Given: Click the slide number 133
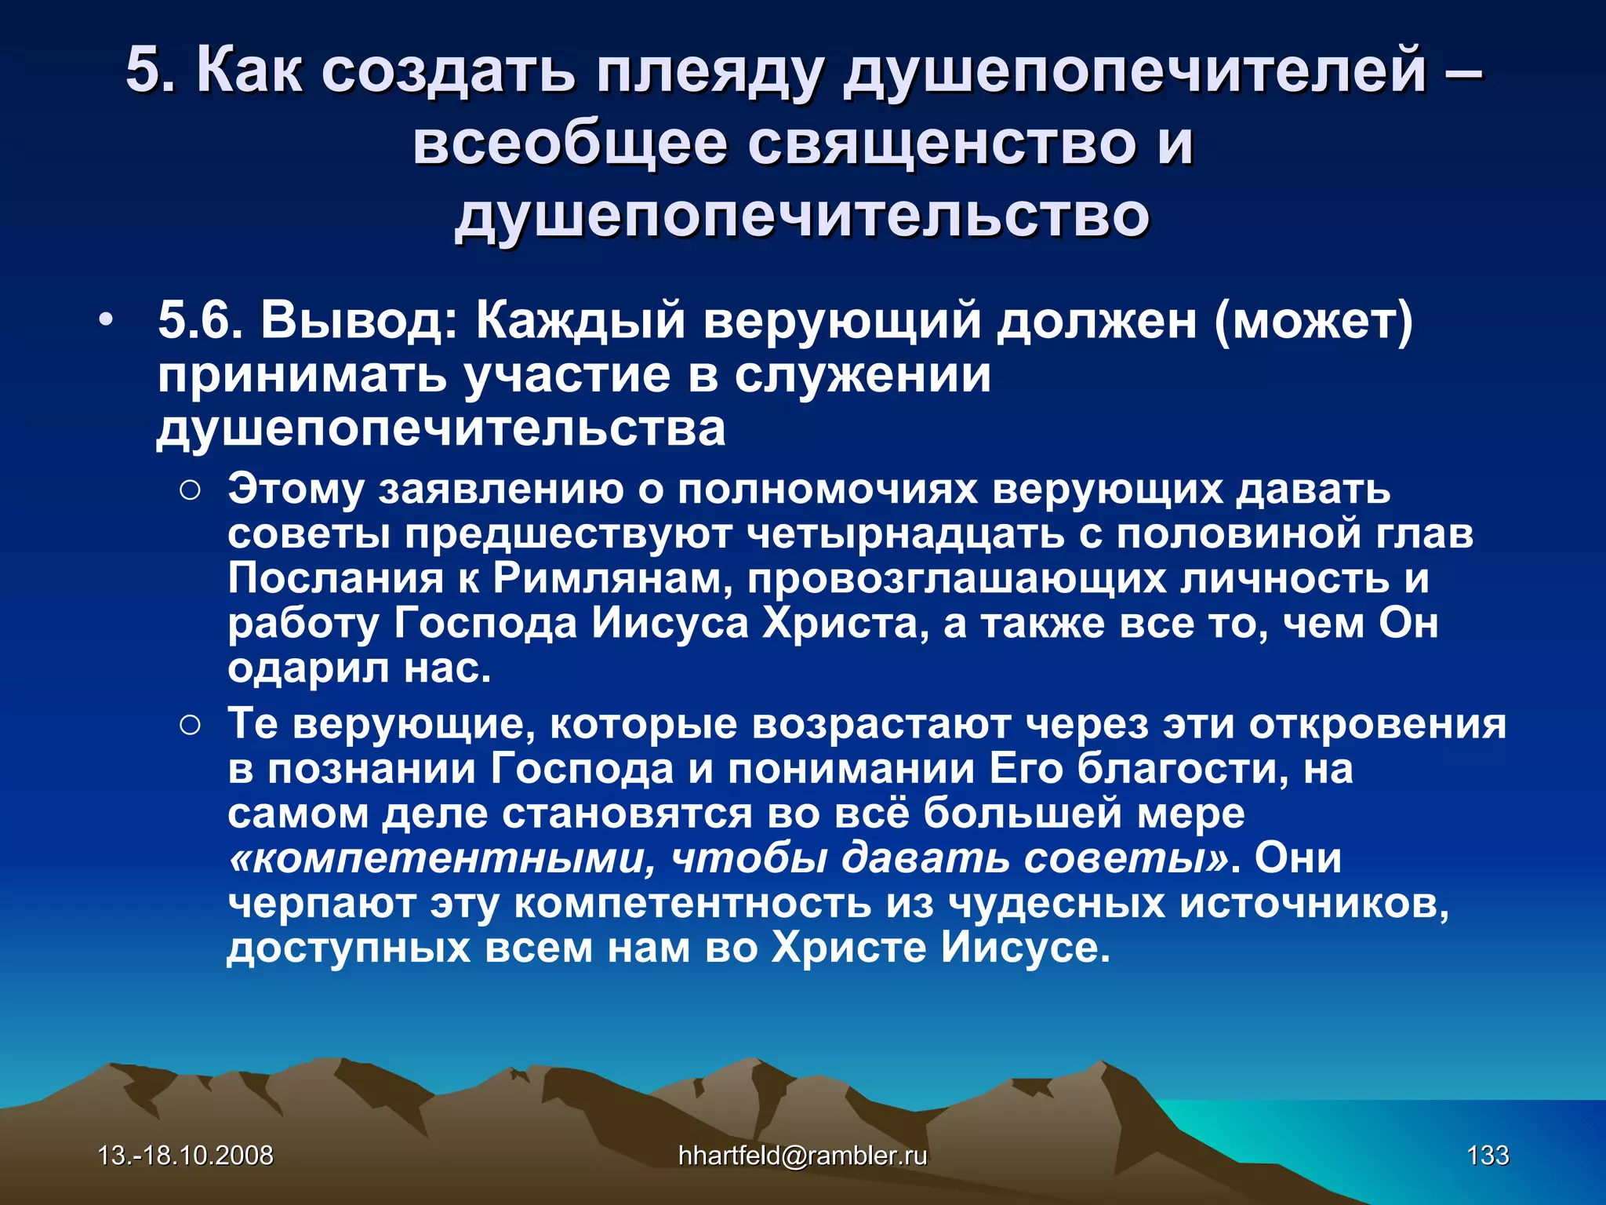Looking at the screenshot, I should [x=1488, y=1156].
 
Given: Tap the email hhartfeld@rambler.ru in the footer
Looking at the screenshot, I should [x=802, y=1156].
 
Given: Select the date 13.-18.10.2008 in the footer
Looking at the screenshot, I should [x=185, y=1156].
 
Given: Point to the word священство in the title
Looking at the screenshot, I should [x=941, y=144].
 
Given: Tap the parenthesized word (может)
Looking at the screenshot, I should [x=1314, y=321].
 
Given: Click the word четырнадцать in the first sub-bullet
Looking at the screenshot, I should [x=905, y=534].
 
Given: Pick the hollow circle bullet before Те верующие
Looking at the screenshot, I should [x=191, y=726].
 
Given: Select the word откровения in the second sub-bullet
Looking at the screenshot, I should [x=1377, y=723].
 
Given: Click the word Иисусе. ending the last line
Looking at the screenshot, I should [x=1026, y=948].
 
